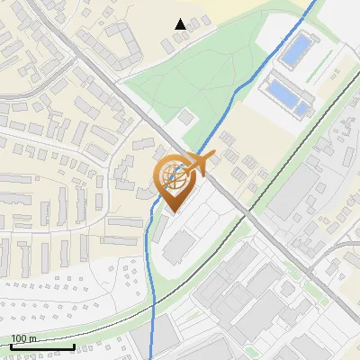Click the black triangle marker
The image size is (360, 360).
pos(181,24)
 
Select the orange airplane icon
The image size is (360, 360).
pos(197,166)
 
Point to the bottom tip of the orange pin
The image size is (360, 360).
pos(172,212)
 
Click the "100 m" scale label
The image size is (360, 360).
pos(23,338)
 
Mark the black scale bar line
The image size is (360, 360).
pos(42,346)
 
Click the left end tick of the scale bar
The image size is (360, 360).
pos(11,346)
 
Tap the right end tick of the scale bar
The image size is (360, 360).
pos(74,346)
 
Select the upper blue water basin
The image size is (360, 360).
pos(294,49)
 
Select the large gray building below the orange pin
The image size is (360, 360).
pos(181,246)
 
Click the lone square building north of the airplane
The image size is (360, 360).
pos(185,117)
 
